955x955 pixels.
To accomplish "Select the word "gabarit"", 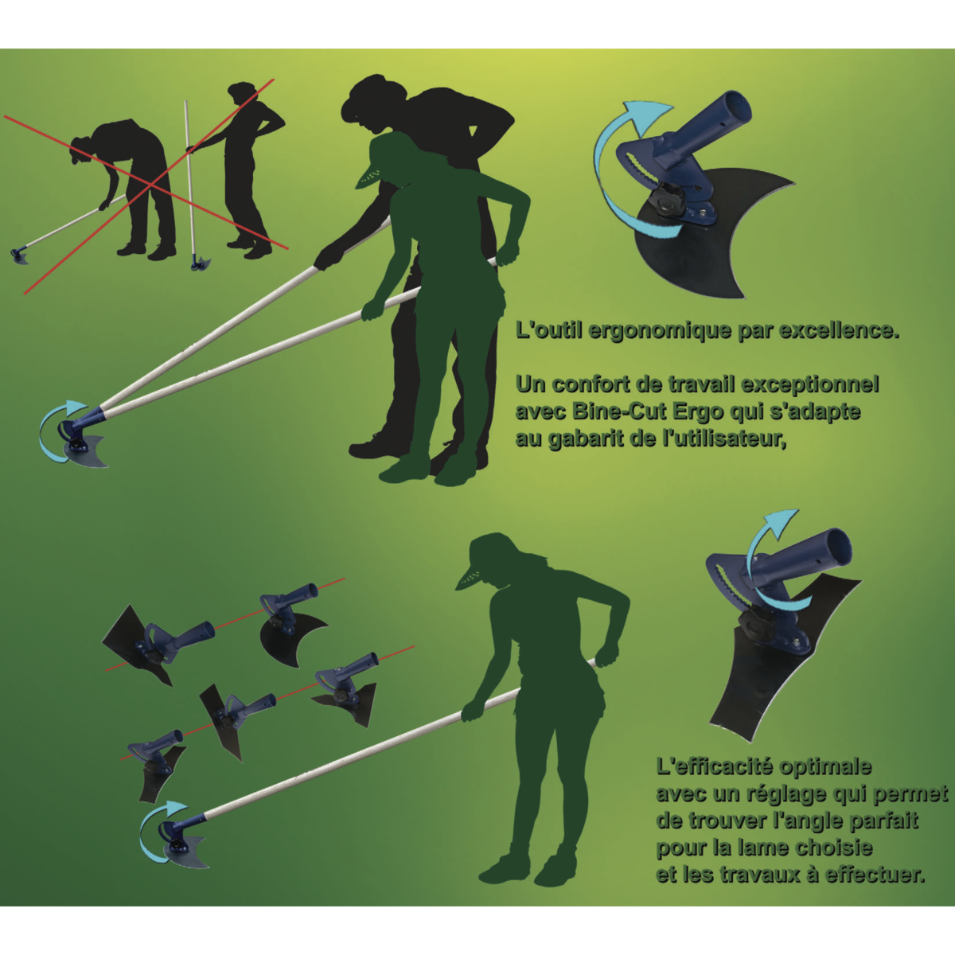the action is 585,439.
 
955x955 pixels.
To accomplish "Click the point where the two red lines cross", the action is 150,185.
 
